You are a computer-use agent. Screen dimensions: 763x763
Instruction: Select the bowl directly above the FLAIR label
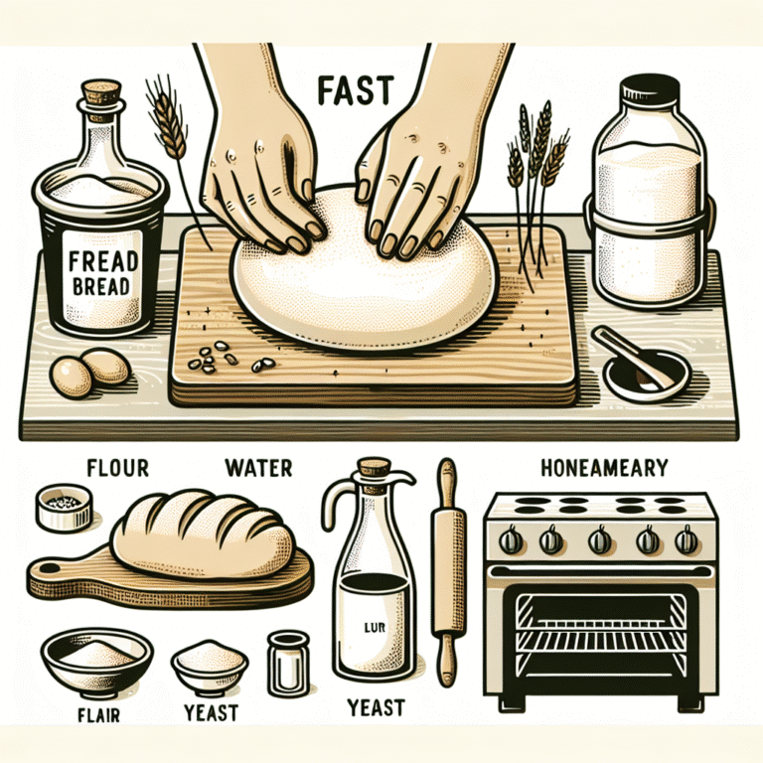pos(96,660)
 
